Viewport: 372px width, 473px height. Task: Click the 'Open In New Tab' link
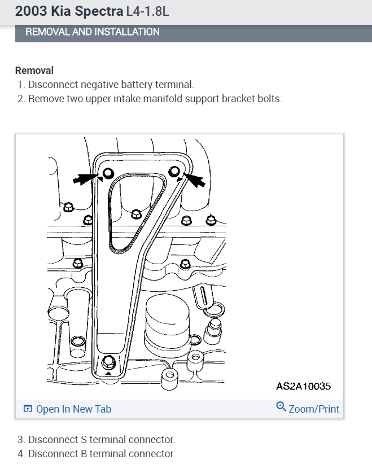pos(73,409)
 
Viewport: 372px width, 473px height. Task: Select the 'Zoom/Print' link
pos(314,409)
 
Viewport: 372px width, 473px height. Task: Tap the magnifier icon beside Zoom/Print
pos(281,407)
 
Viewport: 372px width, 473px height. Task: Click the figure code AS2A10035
pos(303,387)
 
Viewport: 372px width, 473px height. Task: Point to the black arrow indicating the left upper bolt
pos(85,178)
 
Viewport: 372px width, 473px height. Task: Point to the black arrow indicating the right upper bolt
pos(194,179)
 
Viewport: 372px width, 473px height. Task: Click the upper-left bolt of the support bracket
pos(108,172)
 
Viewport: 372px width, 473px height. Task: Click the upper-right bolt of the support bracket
pos(175,171)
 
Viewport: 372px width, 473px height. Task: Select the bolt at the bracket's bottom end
pos(109,361)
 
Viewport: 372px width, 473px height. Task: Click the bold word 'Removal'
pos(34,71)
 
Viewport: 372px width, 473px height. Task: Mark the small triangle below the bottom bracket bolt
pos(108,374)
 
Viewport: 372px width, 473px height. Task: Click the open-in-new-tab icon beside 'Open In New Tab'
pos(28,409)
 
